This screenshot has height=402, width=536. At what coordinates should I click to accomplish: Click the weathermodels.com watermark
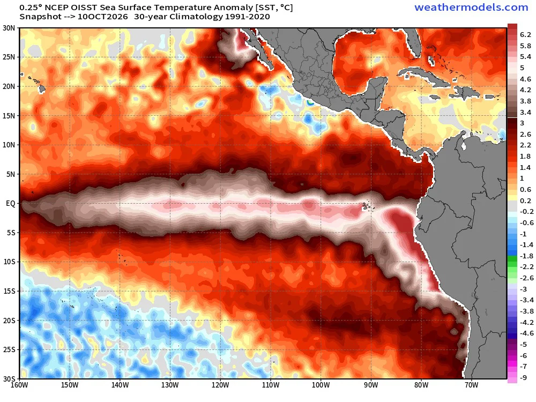pos(471,8)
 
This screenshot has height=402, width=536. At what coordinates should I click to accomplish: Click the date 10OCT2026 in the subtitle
pos(102,17)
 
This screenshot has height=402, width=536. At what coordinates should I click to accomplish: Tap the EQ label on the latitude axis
pos(11,203)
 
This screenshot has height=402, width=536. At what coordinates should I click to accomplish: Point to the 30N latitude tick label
pos(9,28)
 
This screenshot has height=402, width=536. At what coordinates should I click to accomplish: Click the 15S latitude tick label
pos(9,291)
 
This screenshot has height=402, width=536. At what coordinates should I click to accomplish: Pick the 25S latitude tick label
pos(9,349)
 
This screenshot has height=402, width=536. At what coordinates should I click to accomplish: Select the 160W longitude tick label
pos(19,385)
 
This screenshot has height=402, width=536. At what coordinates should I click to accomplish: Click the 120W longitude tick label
pos(220,385)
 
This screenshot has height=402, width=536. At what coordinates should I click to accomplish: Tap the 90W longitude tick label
pos(371,385)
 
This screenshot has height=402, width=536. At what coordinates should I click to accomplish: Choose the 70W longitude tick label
pos(471,385)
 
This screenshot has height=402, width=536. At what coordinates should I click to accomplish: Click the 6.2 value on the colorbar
pos(525,34)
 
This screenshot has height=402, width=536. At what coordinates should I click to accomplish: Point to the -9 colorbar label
pos(523,378)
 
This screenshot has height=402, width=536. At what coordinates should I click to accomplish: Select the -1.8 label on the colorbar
pos(526,256)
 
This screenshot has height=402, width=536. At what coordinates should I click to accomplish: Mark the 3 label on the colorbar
pos(522,123)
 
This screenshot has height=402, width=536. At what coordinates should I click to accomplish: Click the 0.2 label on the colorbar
pos(525,200)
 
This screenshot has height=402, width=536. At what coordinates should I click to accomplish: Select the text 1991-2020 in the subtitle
pos(248,17)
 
